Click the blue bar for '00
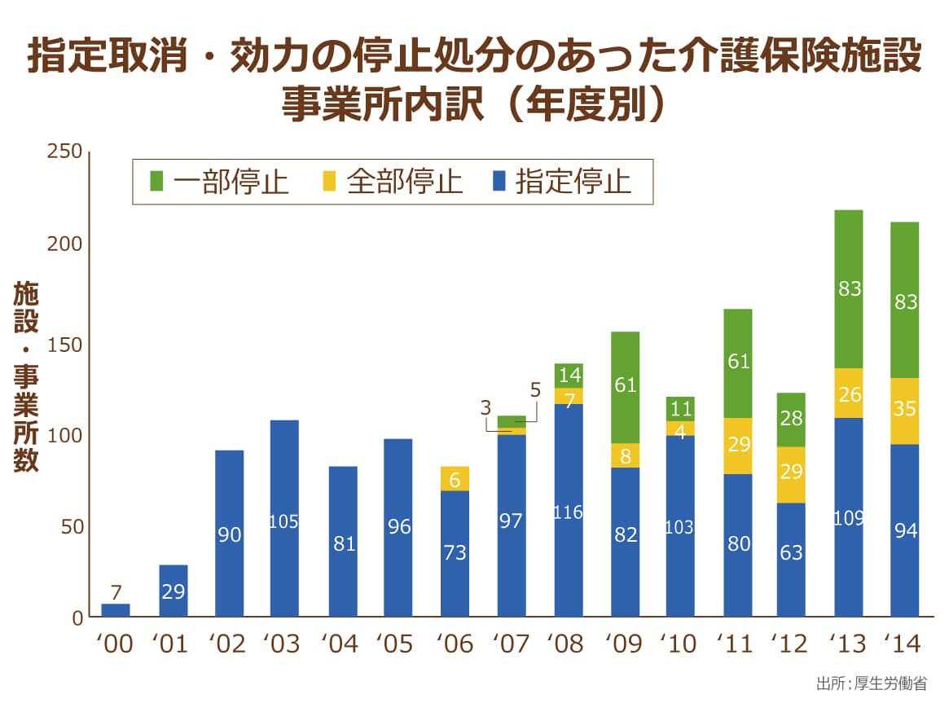(x=115, y=610)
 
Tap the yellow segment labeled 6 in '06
(x=455, y=478)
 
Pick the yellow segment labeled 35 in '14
(x=904, y=411)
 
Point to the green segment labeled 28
(x=791, y=420)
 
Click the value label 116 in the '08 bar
(x=568, y=512)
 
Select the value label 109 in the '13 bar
(x=848, y=517)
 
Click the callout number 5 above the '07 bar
(x=535, y=389)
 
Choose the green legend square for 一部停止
(x=157, y=181)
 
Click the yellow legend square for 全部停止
(x=329, y=181)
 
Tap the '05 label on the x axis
(x=398, y=644)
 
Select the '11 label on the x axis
(x=737, y=644)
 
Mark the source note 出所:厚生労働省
(x=871, y=683)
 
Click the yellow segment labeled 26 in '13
(x=848, y=393)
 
